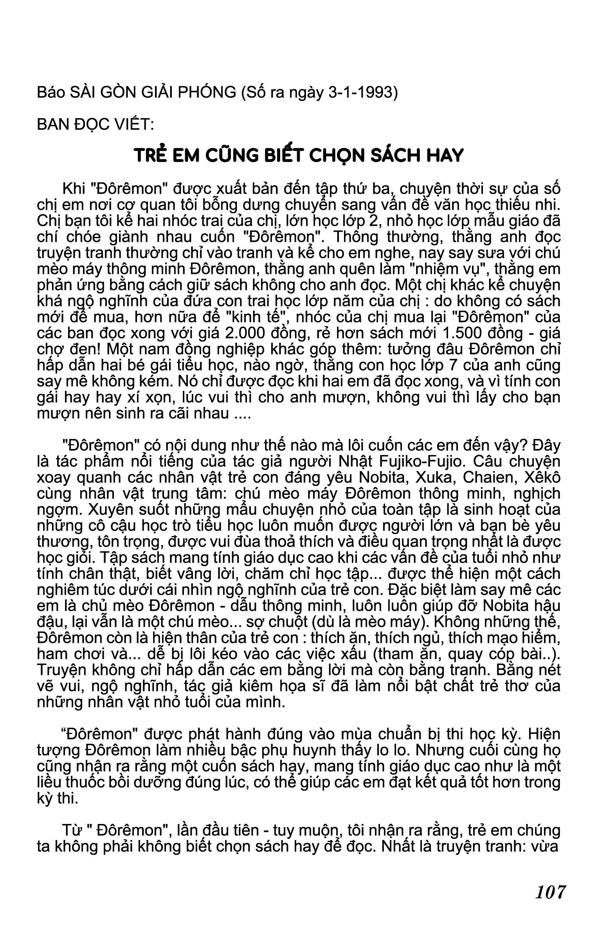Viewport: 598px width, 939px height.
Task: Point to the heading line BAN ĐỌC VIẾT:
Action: click(x=95, y=124)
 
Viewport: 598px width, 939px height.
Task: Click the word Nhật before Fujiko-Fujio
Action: click(x=357, y=462)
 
